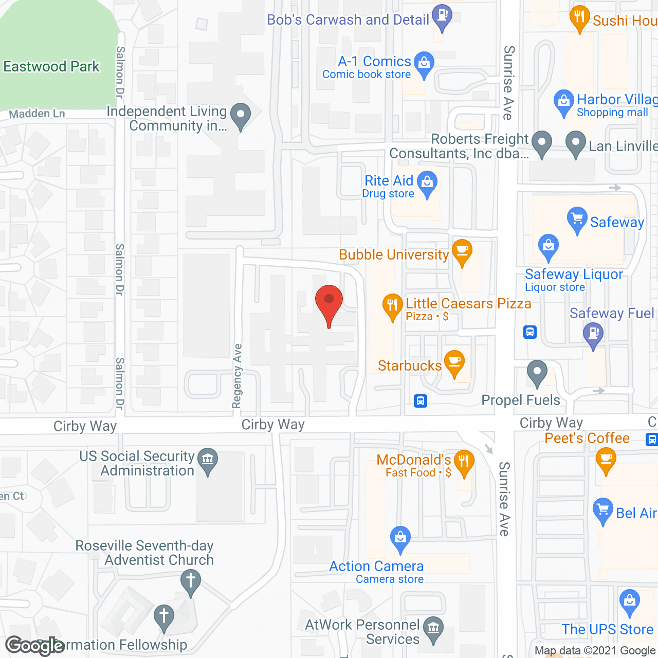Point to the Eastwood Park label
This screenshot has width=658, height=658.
(51, 66)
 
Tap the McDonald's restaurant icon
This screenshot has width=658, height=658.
(464, 462)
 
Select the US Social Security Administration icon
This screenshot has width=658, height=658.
(208, 459)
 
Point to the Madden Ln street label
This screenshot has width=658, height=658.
(37, 114)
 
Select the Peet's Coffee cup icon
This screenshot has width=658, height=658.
(606, 459)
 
